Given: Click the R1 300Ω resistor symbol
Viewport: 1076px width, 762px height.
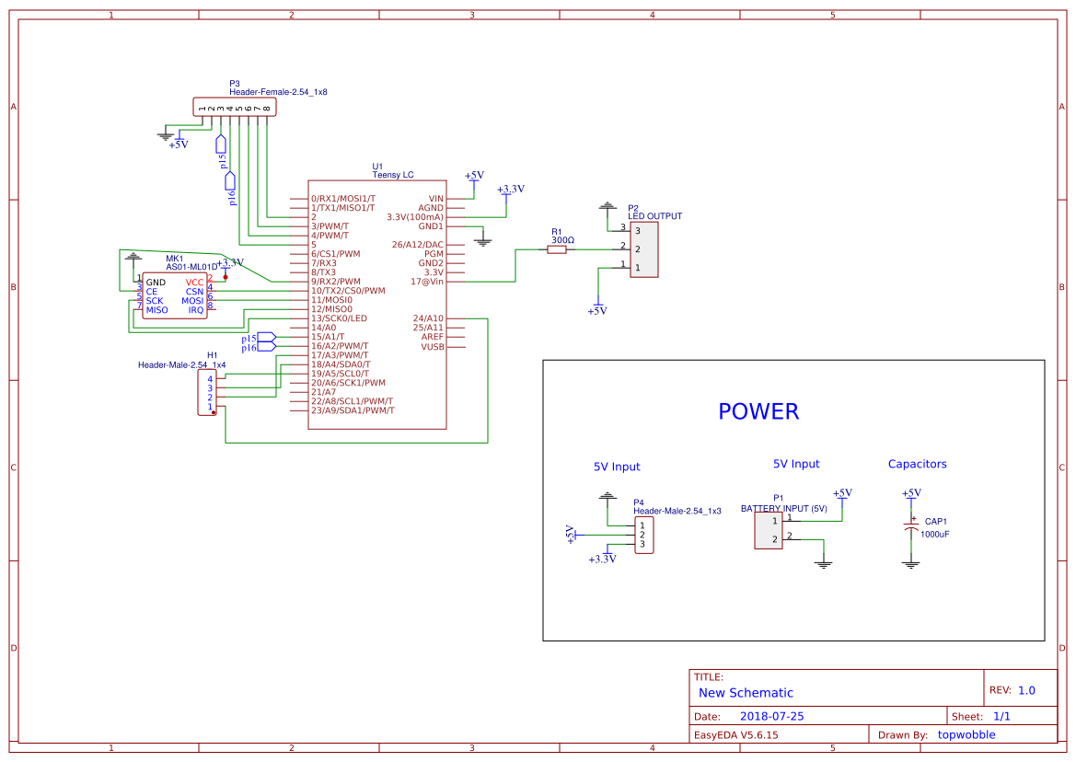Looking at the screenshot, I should click(x=557, y=248).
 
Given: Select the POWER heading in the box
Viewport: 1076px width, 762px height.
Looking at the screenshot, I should click(x=758, y=411).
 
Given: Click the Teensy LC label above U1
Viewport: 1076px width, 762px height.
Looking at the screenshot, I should click(x=393, y=174).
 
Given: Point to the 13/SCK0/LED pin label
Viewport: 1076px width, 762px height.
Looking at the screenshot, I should click(x=339, y=318).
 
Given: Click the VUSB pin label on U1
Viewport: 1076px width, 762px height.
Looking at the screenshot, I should click(x=432, y=346).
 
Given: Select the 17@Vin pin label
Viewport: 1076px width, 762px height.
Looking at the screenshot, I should click(x=427, y=282).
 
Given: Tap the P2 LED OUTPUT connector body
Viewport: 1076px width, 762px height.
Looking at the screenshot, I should click(x=643, y=248).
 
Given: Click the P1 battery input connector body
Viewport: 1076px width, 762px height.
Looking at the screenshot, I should click(x=769, y=530).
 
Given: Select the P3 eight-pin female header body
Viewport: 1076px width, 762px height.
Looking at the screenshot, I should click(x=234, y=108).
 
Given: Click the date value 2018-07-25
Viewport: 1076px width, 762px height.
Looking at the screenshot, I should click(x=771, y=716).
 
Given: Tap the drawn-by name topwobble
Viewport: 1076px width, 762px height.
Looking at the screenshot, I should click(x=970, y=734).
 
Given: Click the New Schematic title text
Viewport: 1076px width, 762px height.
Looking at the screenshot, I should click(x=746, y=693).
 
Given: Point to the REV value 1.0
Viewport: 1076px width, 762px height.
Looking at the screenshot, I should click(x=1026, y=690).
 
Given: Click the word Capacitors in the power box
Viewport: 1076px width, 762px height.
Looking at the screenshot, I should click(x=917, y=464).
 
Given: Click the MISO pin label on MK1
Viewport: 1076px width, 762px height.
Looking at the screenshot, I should click(x=157, y=310).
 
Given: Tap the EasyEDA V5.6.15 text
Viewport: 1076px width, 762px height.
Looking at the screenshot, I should click(x=735, y=734).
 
